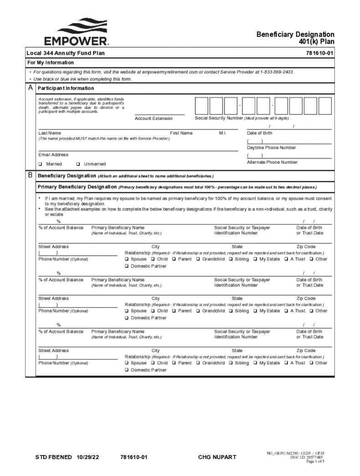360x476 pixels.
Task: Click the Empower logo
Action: [76, 32]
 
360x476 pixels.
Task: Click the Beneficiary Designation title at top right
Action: [295, 35]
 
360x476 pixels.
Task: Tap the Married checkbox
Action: [41, 164]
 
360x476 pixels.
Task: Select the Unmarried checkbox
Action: [78, 164]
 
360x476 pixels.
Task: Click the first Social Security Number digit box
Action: [201, 106]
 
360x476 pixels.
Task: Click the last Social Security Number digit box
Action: [324, 106]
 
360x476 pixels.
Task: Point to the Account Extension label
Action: [154, 119]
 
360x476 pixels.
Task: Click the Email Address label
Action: [53, 155]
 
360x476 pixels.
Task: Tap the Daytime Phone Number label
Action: [271, 148]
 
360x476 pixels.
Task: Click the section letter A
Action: [30, 88]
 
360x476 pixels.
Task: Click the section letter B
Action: [30, 175]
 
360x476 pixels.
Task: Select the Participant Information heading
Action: [66, 88]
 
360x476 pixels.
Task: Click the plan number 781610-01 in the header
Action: [320, 53]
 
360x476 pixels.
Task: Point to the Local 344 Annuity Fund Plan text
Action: [66, 53]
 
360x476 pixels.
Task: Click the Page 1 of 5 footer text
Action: [315, 461]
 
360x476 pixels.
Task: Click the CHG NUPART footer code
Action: [217, 457]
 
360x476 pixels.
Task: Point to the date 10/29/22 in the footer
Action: [90, 457]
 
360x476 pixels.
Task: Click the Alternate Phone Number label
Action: [272, 162]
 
